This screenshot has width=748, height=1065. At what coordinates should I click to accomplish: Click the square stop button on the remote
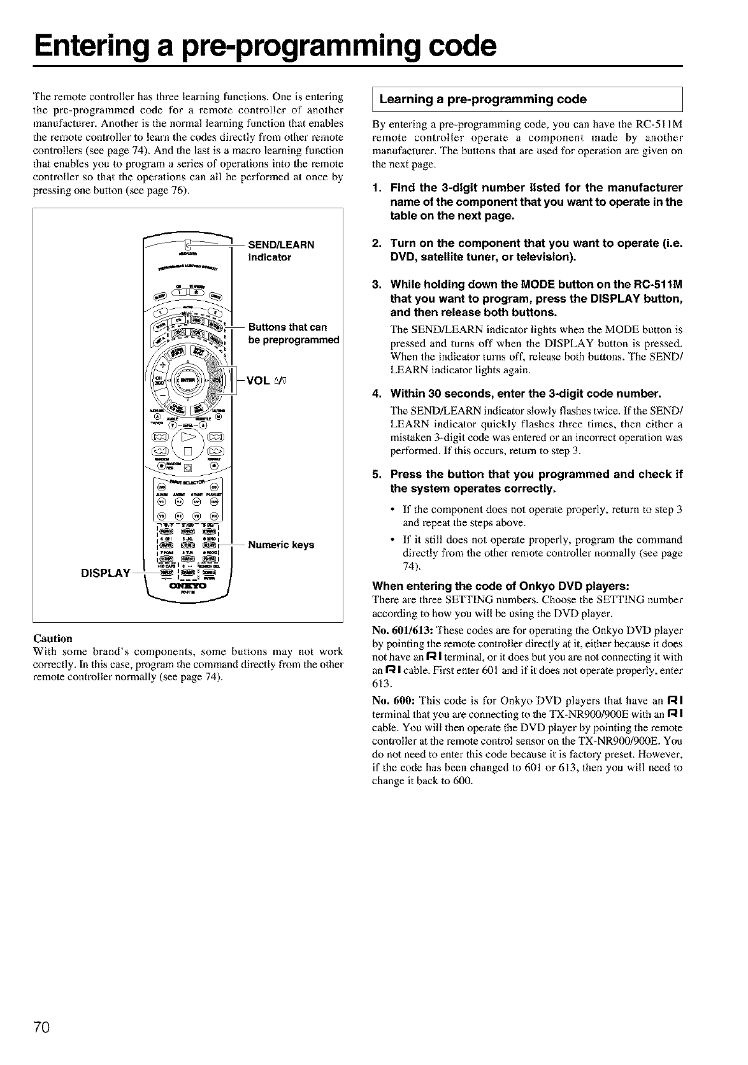(x=189, y=454)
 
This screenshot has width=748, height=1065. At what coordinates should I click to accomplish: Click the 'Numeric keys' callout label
(x=281, y=545)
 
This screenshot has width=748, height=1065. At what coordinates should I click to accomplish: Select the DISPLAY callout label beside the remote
(x=105, y=573)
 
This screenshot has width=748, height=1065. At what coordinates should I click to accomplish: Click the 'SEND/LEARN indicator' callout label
(x=280, y=251)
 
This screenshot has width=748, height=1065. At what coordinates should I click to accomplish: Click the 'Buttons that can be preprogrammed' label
(x=293, y=333)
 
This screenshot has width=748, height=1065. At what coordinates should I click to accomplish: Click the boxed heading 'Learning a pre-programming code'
(x=483, y=99)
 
